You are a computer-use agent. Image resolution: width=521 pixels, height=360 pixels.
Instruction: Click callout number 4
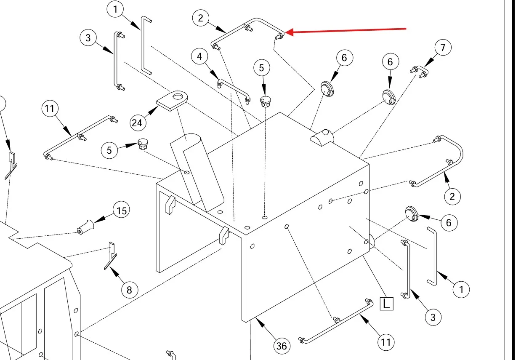[199, 56]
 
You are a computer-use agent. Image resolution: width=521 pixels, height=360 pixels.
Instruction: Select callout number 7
[443, 48]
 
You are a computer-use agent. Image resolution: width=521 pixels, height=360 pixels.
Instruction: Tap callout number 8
[129, 290]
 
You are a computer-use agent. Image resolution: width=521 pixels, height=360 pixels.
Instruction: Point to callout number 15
[122, 210]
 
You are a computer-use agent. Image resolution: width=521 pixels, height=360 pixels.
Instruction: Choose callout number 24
[137, 123]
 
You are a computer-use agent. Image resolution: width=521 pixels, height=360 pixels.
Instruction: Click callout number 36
[282, 346]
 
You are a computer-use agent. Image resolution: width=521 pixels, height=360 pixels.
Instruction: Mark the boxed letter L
[386, 304]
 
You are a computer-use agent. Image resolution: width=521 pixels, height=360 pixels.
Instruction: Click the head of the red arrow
[287, 32]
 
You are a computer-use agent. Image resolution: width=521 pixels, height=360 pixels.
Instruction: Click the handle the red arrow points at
[248, 29]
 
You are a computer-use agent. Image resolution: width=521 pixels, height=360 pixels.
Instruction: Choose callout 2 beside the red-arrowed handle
[201, 18]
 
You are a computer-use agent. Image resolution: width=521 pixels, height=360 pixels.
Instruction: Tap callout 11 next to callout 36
[386, 342]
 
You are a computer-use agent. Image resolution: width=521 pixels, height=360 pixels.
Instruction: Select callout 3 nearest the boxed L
[433, 317]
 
